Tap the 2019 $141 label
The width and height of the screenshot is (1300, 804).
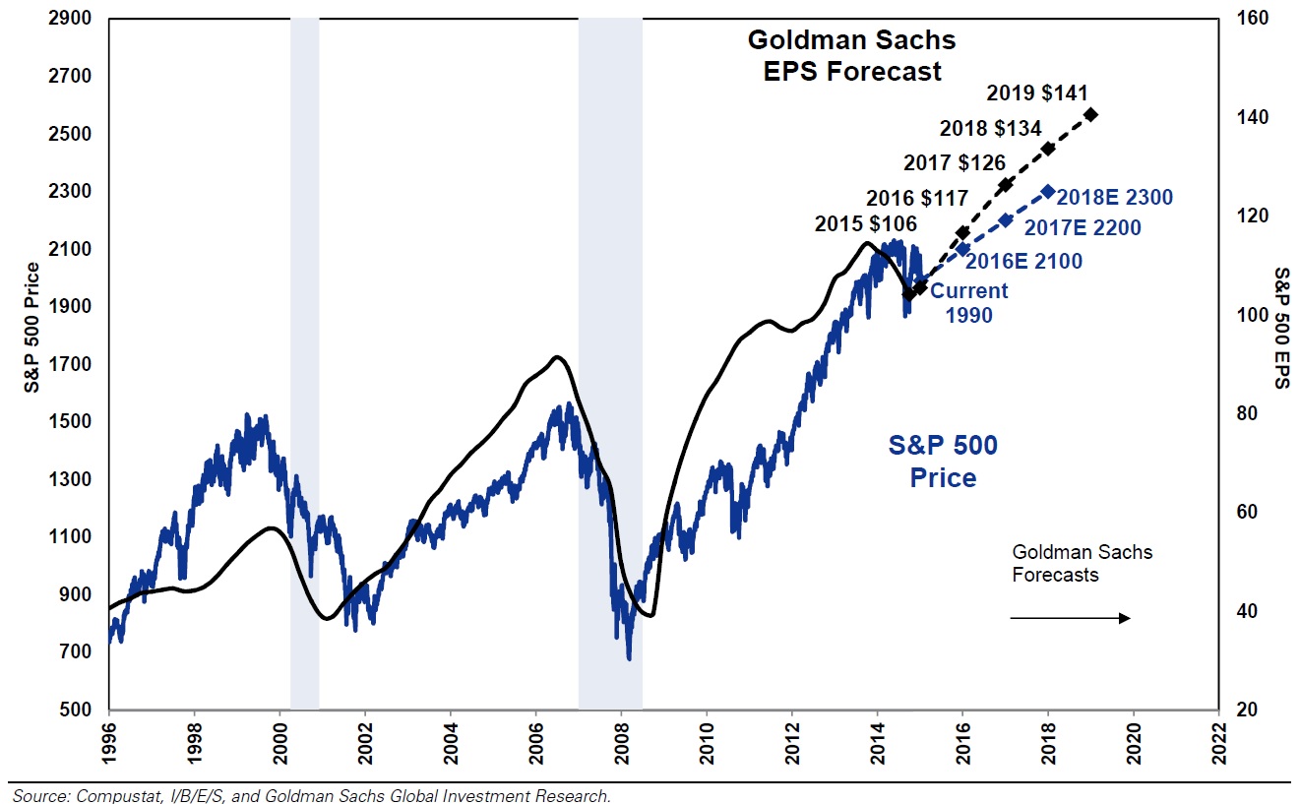point(1036,93)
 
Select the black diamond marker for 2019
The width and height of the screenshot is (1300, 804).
point(1091,115)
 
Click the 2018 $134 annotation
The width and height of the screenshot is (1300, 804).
point(990,129)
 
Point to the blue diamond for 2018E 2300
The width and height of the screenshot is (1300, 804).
point(1048,192)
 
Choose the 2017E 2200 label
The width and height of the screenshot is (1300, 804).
point(1083,228)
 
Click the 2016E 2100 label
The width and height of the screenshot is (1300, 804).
point(1023,262)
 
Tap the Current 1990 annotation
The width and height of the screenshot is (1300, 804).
point(969,303)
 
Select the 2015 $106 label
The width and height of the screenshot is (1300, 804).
point(866,223)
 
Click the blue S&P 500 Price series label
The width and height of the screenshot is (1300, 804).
point(943,462)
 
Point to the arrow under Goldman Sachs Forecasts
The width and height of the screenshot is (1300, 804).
point(1071,618)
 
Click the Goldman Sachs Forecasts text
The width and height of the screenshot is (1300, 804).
point(1082,563)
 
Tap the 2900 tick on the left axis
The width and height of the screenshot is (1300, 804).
point(77,20)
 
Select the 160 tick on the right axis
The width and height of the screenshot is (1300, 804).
point(1241,20)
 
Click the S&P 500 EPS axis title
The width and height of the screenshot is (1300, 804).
point(1281,328)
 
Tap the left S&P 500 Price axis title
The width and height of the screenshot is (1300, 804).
point(32,328)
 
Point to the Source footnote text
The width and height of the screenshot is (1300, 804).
point(310,794)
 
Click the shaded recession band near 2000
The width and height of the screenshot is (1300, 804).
point(304,364)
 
